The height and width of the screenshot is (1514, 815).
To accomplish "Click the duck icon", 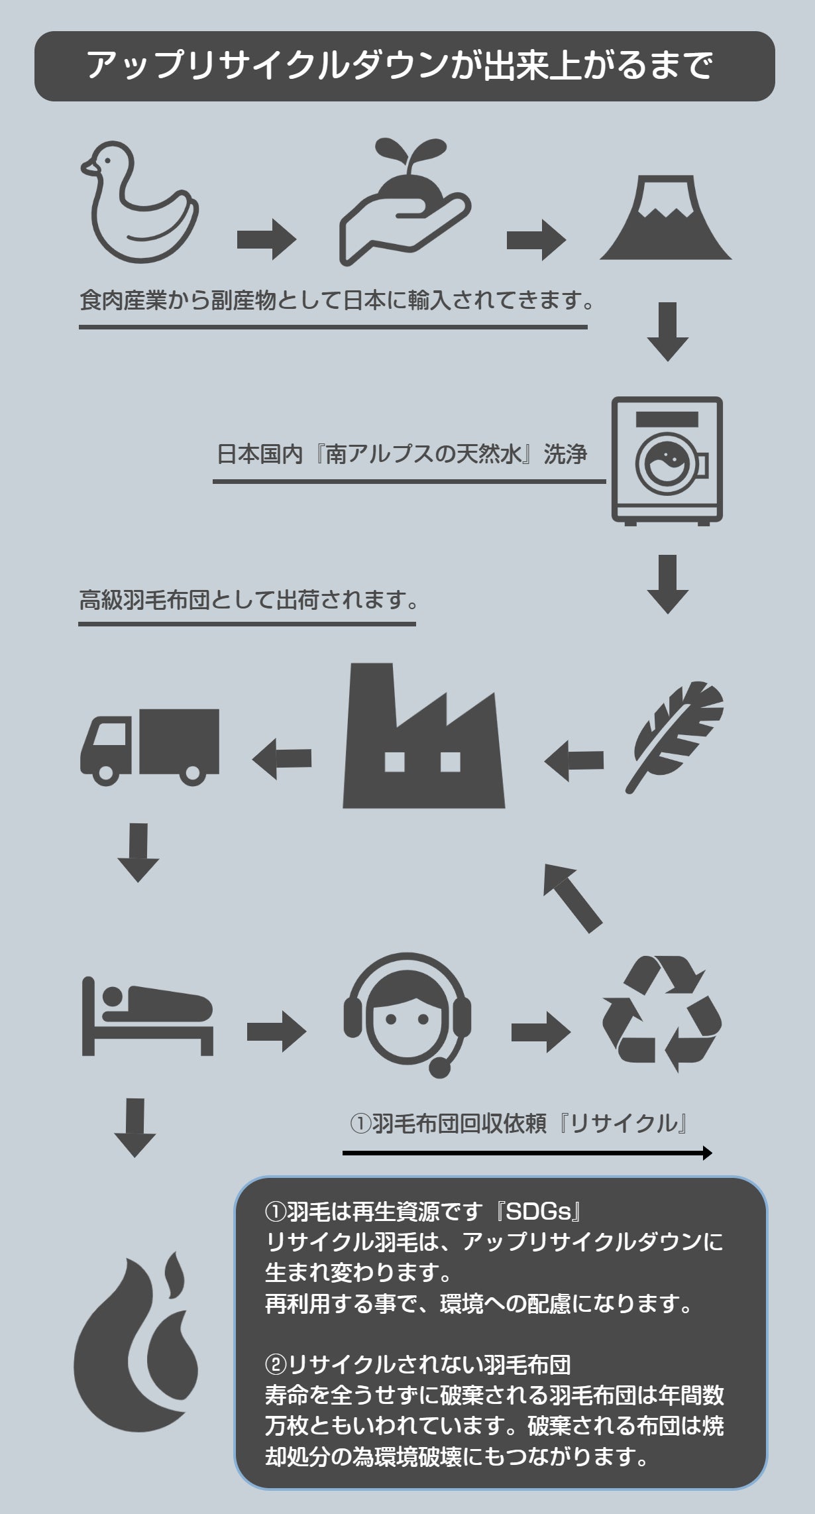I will (x=139, y=202).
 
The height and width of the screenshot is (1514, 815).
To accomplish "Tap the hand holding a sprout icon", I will (x=404, y=202).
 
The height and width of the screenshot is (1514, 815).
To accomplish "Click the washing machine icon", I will (x=667, y=460).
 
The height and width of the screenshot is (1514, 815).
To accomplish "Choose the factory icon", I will (x=423, y=739).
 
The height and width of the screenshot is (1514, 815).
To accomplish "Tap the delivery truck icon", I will (x=150, y=746).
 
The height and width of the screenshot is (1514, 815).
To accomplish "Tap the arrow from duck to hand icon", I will (x=266, y=239).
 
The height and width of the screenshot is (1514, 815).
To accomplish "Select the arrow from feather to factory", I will (x=574, y=760).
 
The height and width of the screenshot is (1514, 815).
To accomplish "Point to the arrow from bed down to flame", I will (x=135, y=1127).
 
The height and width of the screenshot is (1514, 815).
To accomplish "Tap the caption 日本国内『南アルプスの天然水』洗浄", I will (x=402, y=455).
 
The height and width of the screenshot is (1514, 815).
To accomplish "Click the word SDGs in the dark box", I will (x=538, y=1212).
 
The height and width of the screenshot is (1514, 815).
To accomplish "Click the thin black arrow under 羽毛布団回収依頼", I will (x=527, y=1153).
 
